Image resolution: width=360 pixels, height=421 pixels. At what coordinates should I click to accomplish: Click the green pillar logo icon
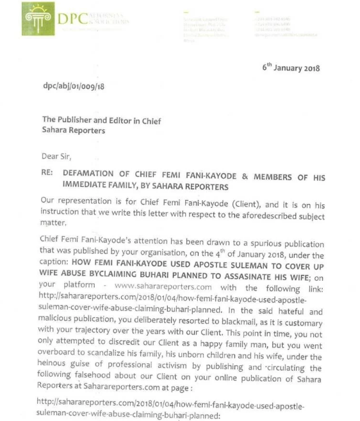(x=37, y=20)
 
